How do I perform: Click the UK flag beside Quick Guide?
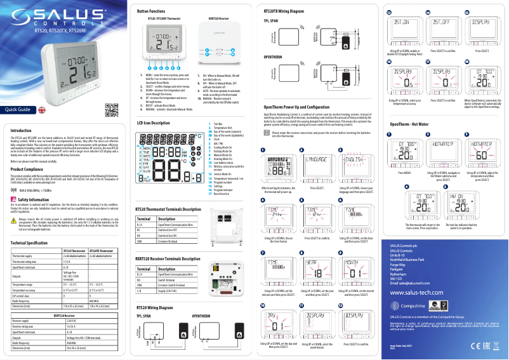[43, 109]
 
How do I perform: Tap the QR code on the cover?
[112, 110]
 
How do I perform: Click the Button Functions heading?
[150, 11]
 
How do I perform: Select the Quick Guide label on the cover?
[18, 110]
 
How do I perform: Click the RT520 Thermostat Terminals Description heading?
[173, 209]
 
